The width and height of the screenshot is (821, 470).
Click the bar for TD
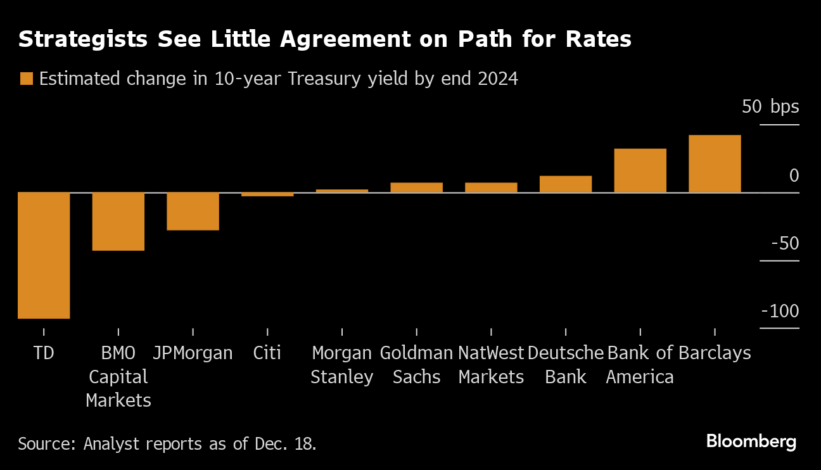point(44,255)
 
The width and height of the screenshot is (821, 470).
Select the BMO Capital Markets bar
point(118,221)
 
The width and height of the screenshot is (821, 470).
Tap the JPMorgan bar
point(193,211)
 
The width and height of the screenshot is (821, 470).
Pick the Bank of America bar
point(640,170)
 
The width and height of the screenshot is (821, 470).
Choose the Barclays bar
point(715,163)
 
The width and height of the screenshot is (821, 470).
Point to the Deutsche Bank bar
point(566,184)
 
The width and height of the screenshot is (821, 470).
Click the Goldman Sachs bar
point(416,187)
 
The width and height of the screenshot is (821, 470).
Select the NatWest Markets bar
point(491,187)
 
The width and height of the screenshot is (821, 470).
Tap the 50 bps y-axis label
point(770,106)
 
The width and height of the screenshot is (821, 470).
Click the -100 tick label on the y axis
point(780,311)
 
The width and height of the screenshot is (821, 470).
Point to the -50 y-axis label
point(784,243)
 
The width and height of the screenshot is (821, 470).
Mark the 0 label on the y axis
point(794,175)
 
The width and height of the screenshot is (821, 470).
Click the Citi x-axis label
point(267,353)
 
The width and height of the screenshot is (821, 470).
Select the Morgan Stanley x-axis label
point(341,365)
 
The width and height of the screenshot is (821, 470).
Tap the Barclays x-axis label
point(715,353)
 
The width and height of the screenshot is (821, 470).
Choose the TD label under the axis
point(44,353)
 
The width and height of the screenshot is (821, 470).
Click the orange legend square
point(26,79)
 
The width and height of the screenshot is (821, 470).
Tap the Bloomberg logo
point(751,441)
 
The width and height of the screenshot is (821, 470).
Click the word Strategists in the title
point(82,39)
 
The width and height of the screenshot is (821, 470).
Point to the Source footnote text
point(167,443)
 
